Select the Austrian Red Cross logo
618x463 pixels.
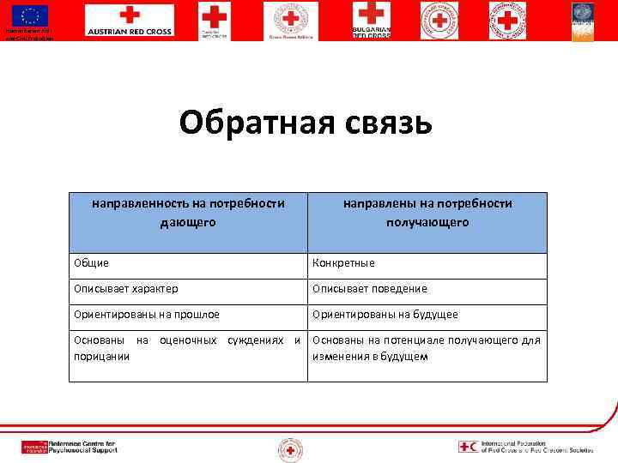129,21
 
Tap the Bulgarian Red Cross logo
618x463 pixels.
371,20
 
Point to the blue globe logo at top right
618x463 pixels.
583,19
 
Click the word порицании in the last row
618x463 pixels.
101,356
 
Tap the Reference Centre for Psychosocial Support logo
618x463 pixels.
70,447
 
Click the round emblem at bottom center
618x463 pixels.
289,448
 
